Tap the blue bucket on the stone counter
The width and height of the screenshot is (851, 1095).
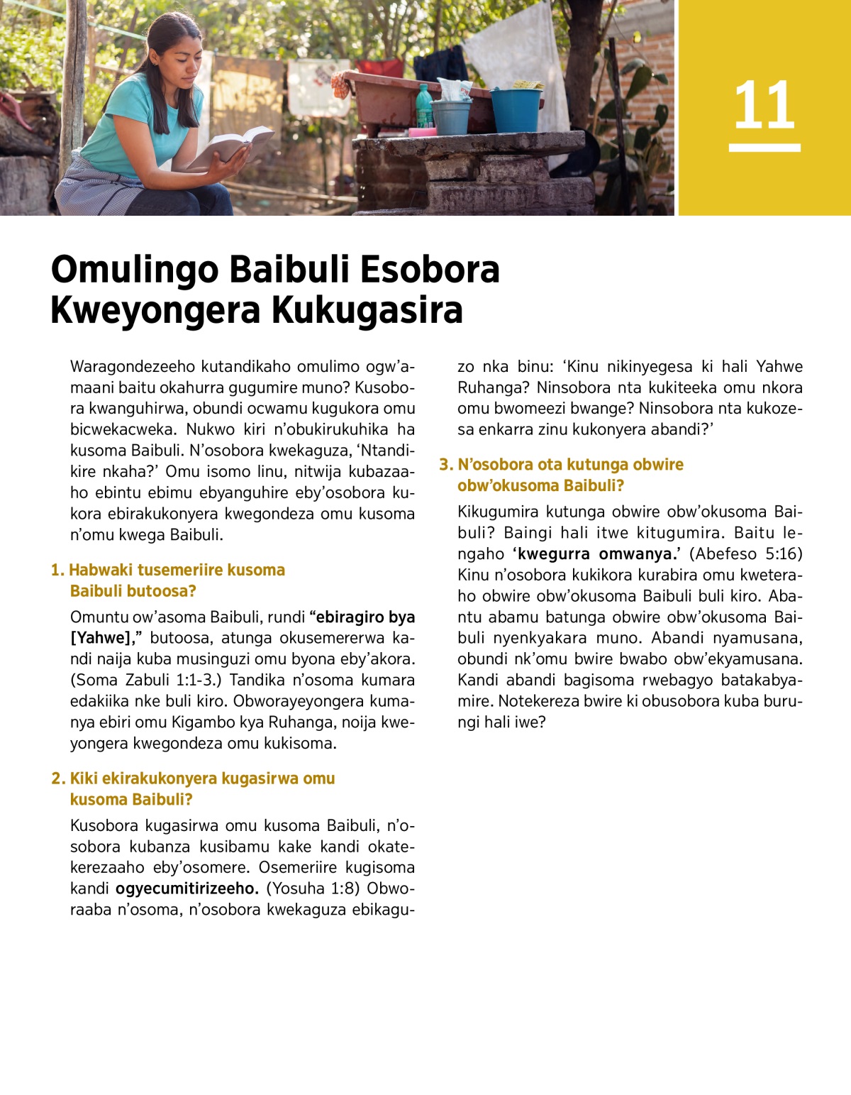coord(516,109)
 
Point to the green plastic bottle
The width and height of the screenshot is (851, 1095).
coord(423,106)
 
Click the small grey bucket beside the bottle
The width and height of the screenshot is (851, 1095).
coord(452,116)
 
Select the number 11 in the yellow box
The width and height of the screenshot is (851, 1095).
coord(764,105)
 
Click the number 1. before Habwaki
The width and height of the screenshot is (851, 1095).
coord(57,570)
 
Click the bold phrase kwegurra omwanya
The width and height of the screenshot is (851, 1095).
coord(595,554)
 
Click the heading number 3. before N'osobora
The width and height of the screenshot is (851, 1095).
coord(446,465)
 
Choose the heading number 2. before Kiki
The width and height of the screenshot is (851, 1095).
coord(58,778)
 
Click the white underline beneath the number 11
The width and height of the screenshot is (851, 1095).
coord(764,148)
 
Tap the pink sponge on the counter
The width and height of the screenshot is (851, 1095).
coord(423,132)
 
